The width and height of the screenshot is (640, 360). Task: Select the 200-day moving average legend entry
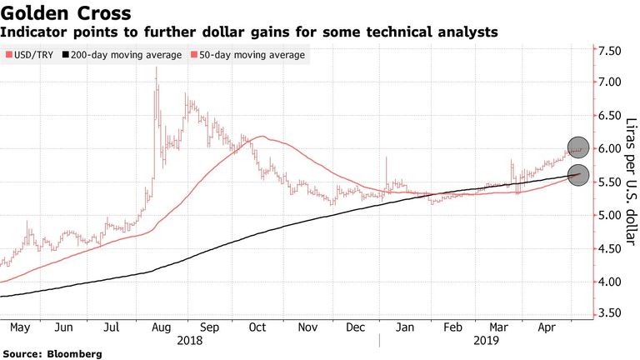tap(121, 55)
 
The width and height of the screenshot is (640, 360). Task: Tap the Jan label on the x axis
tap(404, 327)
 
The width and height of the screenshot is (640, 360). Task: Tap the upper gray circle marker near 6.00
tap(579, 147)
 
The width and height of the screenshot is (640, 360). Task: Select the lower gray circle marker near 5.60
tap(579, 175)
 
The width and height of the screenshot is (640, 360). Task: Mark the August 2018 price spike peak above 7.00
tap(157, 68)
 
